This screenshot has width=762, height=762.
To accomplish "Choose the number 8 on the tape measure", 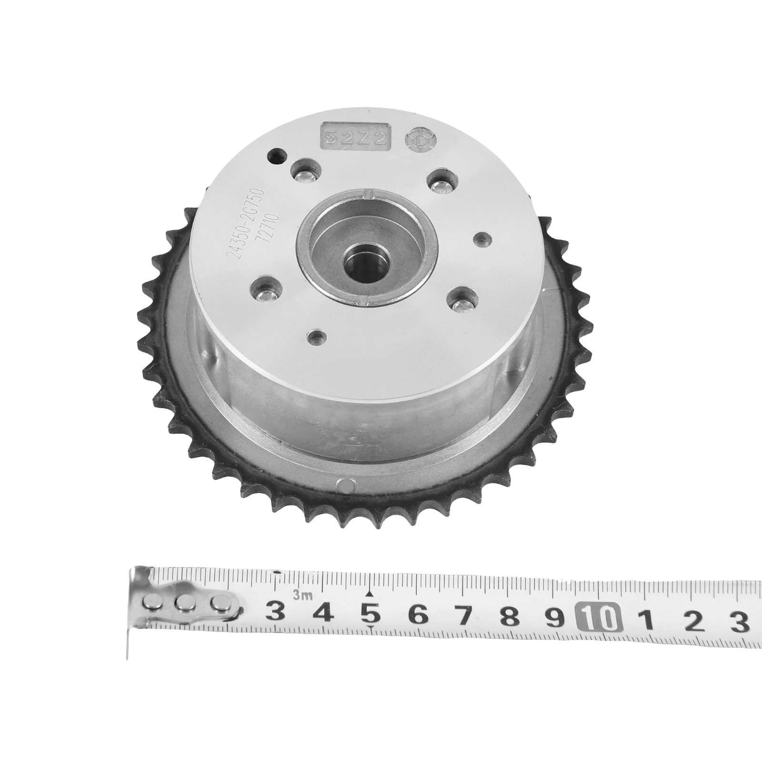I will point(511,616).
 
